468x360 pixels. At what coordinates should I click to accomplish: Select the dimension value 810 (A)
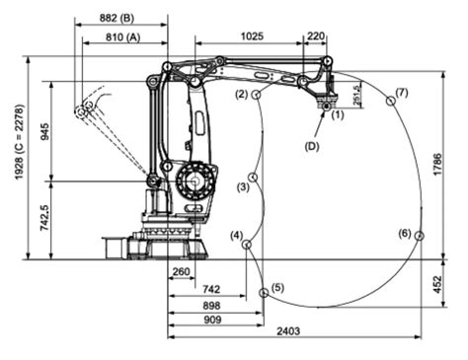coord(121,37)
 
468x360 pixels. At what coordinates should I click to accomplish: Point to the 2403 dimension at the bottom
coord(293,330)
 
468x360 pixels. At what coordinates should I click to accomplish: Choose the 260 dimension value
coord(180,272)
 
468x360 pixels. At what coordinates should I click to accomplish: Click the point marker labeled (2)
coord(256,95)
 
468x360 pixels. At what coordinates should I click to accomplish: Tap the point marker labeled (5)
coord(263,293)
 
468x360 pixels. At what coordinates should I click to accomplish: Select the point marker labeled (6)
coord(419,235)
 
